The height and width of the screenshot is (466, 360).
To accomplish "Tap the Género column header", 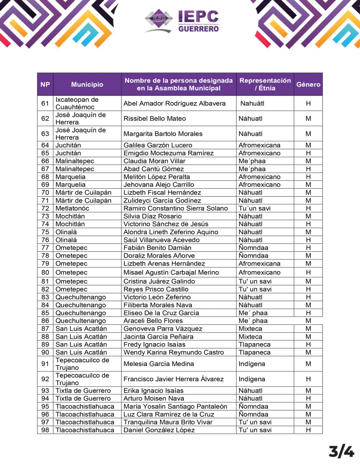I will click(308, 84).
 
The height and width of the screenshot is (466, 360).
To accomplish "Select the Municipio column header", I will click(87, 84).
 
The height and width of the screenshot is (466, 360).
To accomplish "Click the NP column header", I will click(45, 84).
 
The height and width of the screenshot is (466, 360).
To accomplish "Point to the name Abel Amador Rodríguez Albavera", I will click(174, 103).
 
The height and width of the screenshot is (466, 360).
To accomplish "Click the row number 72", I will click(45, 208).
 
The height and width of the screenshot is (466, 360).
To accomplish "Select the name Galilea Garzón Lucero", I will click(158, 145).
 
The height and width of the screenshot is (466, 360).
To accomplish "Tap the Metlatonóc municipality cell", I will click(72, 208).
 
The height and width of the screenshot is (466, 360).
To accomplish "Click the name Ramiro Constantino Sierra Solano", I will click(176, 208).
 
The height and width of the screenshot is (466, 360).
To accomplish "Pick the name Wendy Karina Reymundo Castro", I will click(174, 352).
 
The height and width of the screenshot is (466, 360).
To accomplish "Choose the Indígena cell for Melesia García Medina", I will click(252, 364).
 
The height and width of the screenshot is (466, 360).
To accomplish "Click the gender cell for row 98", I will click(308, 430).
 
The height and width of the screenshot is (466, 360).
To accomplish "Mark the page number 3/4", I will click(341, 452).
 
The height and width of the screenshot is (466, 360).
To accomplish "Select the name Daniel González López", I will click(159, 430).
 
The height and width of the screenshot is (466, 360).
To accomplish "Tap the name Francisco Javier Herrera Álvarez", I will click(174, 379).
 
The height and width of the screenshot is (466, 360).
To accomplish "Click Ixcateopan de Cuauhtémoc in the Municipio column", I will click(77, 103).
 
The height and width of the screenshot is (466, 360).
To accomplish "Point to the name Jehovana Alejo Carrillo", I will click(159, 185).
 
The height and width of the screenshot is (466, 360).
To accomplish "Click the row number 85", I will click(45, 313).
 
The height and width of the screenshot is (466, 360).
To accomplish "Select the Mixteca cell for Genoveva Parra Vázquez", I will click(250, 329).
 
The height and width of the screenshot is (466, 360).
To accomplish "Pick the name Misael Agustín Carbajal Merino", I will click(171, 272).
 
